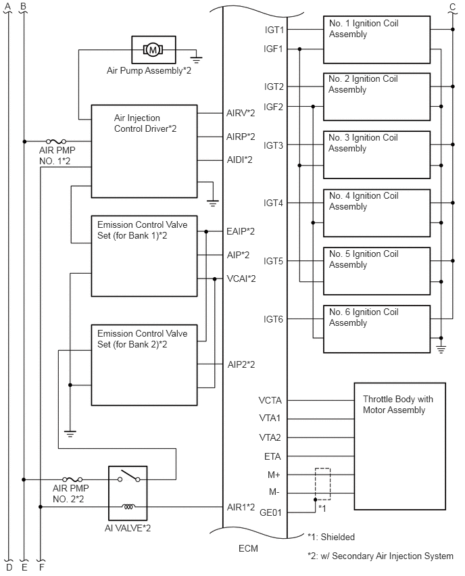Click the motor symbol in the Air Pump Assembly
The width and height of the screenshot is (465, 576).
153,49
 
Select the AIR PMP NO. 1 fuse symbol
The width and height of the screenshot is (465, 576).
56,141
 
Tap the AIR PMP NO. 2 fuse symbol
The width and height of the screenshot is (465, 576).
72,479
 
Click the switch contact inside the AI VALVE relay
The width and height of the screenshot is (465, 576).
128,476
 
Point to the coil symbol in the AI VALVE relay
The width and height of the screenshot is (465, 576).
128,507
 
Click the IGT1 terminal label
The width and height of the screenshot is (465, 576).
274,30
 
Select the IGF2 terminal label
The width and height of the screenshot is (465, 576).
273,107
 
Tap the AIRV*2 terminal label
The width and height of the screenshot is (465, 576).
241,113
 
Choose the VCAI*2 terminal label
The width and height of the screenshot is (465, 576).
241,279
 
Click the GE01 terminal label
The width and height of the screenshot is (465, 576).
270,512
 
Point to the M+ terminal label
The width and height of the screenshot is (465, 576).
274,475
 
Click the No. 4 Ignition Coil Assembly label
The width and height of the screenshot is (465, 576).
364,201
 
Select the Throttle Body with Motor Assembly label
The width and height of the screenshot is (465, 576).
398,404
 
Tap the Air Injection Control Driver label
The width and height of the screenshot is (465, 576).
145,123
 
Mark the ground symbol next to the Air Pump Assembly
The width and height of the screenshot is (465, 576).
197,59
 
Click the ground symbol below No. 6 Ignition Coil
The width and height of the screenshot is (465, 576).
441,349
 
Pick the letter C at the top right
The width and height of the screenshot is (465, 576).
453,7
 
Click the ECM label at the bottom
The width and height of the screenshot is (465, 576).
248,548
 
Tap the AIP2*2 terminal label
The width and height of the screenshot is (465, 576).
241,364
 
